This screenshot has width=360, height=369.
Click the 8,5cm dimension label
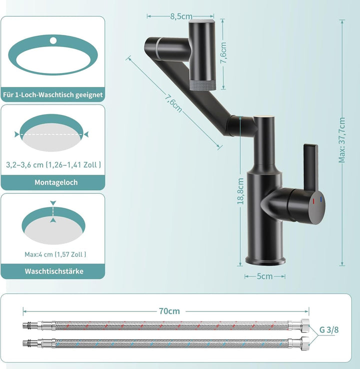pos(181,16)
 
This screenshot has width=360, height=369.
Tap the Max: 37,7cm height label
pos(341,140)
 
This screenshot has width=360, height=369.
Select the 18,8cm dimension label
pos(240,191)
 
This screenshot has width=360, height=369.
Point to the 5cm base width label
pos(264,276)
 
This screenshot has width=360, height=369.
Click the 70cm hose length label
pos(169,311)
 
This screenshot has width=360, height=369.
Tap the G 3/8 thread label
pos(329,330)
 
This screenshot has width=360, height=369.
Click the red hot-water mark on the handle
pos(313,201)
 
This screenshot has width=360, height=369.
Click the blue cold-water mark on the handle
pos(320,199)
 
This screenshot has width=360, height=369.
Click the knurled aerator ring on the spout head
pos(203,85)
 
